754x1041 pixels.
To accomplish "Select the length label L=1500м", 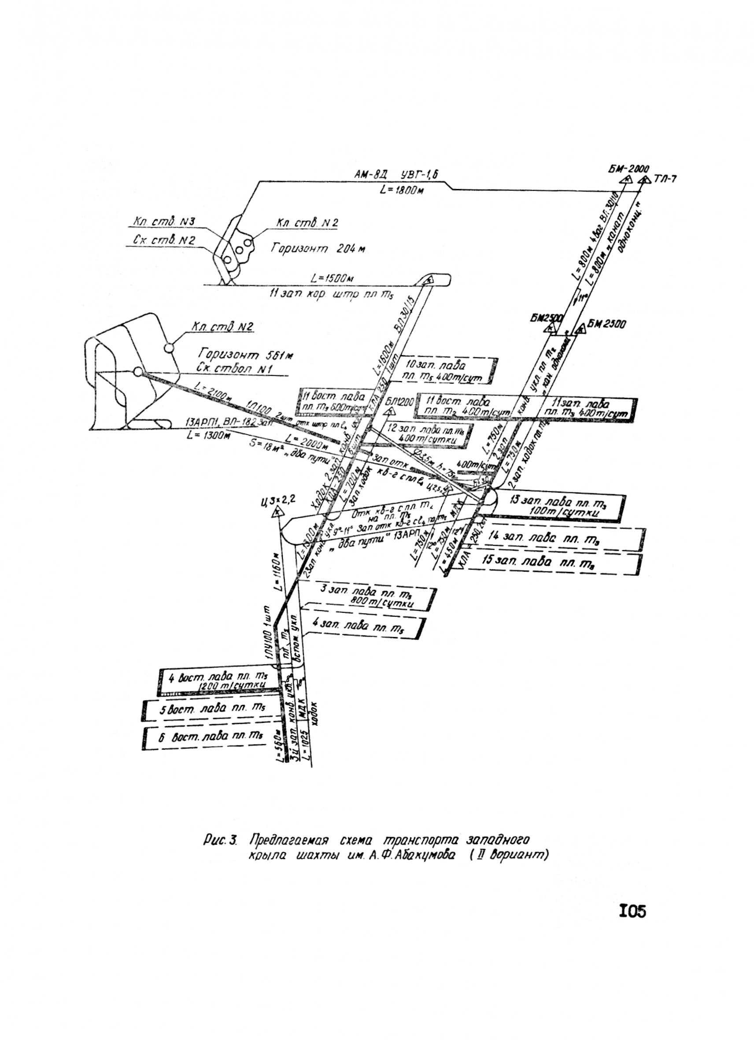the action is (332, 278).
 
